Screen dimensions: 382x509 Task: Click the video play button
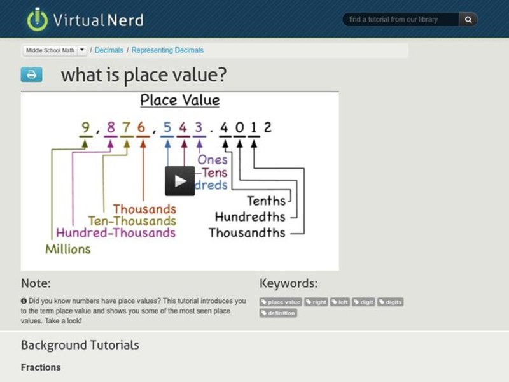tap(179, 181)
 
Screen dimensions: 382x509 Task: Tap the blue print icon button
tap(31, 74)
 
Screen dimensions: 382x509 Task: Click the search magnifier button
tap(468, 20)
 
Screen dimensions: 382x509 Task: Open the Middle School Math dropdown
tap(55, 50)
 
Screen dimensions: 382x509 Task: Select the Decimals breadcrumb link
tap(109, 50)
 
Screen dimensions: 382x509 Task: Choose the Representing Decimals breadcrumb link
tap(167, 50)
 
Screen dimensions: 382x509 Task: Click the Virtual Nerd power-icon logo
tap(38, 19)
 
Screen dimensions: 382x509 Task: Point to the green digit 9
tap(85, 127)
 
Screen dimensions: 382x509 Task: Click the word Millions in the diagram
tap(67, 249)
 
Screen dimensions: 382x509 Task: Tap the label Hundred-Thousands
tap(115, 233)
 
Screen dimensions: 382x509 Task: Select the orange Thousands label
tap(144, 209)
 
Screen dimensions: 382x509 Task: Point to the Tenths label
tap(266, 201)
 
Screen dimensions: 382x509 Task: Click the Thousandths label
tap(247, 233)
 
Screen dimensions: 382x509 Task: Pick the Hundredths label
tap(250, 217)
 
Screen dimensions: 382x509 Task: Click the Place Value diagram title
tap(179, 100)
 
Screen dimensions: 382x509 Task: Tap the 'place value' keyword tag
tap(281, 302)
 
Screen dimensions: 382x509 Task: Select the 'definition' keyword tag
tap(278, 313)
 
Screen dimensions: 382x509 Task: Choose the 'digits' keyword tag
tap(390, 302)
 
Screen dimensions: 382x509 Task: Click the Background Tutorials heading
tap(80, 345)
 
